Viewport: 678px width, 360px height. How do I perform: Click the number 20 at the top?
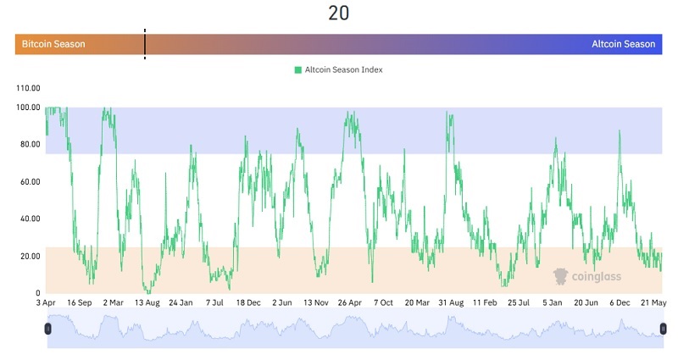pos(338,13)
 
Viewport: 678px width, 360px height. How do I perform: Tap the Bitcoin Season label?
pos(53,44)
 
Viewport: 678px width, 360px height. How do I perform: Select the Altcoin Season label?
pos(623,44)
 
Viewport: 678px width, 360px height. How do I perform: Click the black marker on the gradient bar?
pos(144,44)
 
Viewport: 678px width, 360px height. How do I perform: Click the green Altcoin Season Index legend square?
pos(298,69)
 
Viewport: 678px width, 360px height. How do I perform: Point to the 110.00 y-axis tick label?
pos(28,88)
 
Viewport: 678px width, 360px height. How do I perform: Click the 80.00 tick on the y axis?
pos(28,144)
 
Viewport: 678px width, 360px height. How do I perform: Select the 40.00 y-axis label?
pos(28,219)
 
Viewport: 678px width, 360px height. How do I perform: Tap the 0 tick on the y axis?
pos(37,293)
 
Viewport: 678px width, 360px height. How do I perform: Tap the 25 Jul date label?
pos(518,302)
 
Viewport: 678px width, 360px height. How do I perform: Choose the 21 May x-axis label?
pos(653,302)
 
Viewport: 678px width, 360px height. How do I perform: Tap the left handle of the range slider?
pos(47,328)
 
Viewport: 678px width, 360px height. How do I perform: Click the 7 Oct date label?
pos(383,302)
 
